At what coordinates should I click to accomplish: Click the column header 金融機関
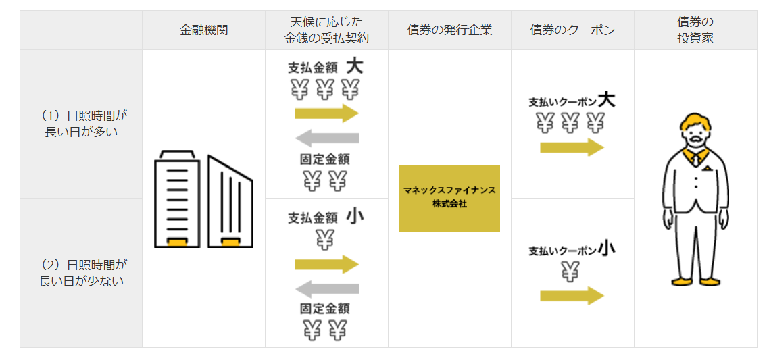click(203, 30)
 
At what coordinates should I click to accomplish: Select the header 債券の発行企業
click(449, 30)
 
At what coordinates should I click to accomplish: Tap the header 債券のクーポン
click(572, 30)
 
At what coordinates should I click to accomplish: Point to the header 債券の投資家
click(695, 30)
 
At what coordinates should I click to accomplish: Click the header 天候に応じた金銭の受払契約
click(326, 30)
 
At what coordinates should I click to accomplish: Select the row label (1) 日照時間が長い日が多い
click(81, 124)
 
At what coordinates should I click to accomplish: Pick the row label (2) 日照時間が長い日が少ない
click(81, 273)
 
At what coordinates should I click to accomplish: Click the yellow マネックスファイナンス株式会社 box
click(449, 198)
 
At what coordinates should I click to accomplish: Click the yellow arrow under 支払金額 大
click(326, 113)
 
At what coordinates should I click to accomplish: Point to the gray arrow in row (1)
click(327, 138)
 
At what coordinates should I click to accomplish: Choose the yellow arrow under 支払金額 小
click(326, 264)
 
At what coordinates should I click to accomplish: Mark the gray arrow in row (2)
click(327, 289)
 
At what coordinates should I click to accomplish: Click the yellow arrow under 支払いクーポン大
click(572, 147)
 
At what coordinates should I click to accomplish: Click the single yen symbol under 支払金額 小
click(325, 238)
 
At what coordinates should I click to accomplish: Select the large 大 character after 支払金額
click(355, 66)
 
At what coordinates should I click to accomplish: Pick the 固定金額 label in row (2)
click(325, 309)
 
